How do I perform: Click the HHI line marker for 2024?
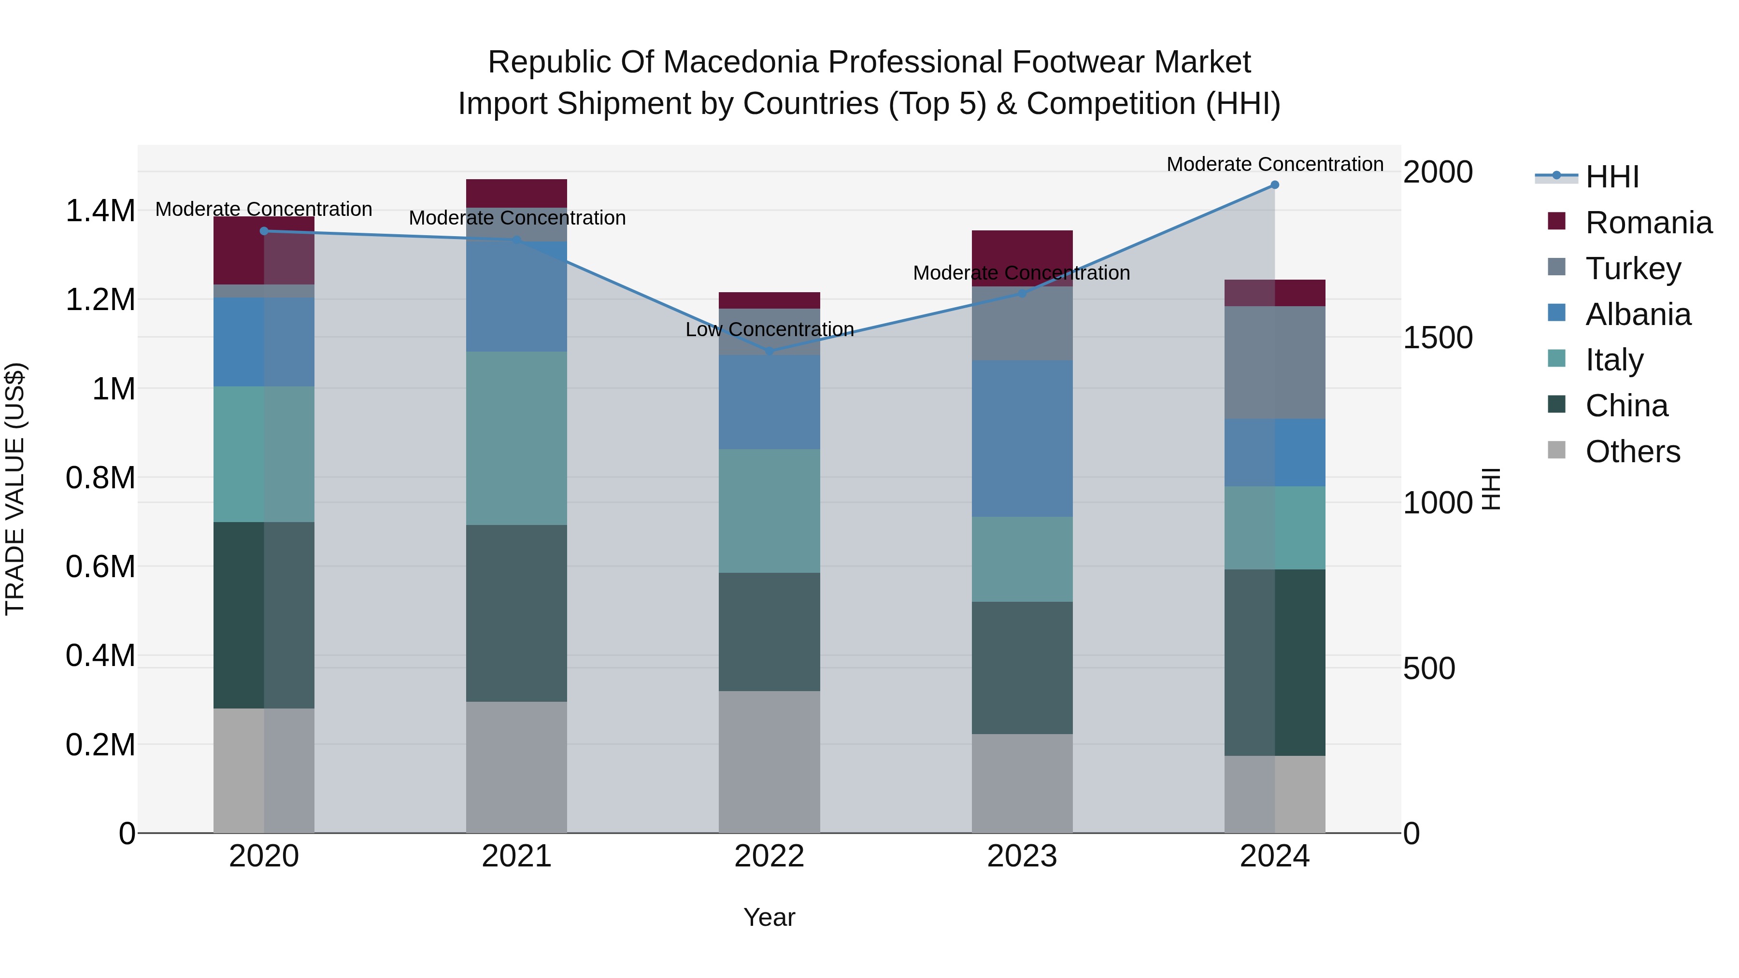coord(1275,185)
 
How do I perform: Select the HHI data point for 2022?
coord(770,352)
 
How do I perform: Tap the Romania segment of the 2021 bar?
coord(516,193)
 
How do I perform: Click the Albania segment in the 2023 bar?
coord(1022,439)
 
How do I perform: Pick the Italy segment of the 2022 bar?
coord(770,511)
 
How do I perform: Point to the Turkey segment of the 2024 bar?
coord(1275,362)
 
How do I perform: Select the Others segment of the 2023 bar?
coord(1022,783)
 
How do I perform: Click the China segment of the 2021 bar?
coord(516,613)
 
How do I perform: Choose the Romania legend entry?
coord(1648,223)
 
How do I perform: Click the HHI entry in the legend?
coord(1612,177)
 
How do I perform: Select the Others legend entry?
coord(1632,452)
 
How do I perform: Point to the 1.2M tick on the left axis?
coord(100,299)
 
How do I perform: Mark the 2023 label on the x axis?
coord(1022,856)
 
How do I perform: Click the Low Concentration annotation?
coord(770,329)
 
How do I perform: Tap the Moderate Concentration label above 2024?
coord(1275,164)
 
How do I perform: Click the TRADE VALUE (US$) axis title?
coord(15,489)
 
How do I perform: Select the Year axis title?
coord(770,917)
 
